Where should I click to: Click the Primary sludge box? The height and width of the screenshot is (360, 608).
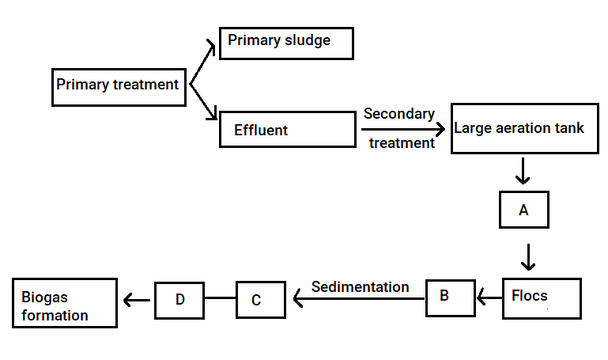tap(286, 44)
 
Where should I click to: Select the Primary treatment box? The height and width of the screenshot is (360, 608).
tap(119, 87)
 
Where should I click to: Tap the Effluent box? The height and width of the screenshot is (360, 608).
tap(288, 129)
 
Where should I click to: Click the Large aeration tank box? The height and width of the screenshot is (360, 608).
tap(525, 128)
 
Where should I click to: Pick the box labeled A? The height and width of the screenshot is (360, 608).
tap(524, 210)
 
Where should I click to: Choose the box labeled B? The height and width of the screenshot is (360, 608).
tap(450, 298)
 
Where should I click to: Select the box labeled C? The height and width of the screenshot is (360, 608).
tap(261, 300)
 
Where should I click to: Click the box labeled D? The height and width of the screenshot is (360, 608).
tap(179, 300)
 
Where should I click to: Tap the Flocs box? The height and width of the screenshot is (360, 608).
tap(542, 298)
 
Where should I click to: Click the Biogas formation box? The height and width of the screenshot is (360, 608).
tap(65, 303)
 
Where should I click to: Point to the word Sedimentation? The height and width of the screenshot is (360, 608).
tap(361, 287)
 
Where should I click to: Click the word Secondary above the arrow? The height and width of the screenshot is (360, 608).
tap(399, 114)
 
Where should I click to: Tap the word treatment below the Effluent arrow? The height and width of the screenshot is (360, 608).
tap(402, 143)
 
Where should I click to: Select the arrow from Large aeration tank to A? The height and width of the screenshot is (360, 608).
tap(523, 171)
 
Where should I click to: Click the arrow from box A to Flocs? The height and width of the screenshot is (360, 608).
tap(528, 257)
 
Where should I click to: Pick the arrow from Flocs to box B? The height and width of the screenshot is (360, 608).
tap(489, 297)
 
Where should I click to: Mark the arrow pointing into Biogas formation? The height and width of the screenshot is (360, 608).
tap(137, 300)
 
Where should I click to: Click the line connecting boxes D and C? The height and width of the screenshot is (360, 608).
tap(220, 298)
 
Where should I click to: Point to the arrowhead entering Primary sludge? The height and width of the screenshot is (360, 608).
tap(211, 46)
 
